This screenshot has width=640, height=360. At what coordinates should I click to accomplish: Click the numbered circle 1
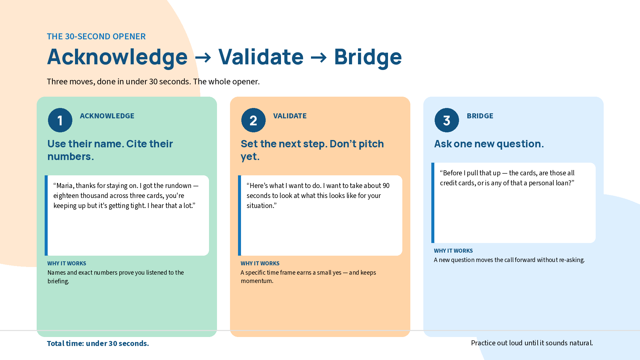click(60, 120)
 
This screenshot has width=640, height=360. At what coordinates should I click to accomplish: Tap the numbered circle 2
click(253, 120)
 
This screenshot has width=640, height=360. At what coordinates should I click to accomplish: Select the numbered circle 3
click(447, 120)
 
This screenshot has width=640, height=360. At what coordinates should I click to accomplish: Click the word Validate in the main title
click(261, 57)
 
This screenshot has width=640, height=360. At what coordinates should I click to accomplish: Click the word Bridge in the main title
click(368, 57)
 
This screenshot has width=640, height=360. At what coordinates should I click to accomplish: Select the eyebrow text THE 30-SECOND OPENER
click(96, 36)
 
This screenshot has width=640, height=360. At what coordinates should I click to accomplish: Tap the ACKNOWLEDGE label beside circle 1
click(107, 116)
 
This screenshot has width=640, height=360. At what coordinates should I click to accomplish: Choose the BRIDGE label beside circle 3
click(480, 116)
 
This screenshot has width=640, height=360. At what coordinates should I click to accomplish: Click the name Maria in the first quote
click(65, 186)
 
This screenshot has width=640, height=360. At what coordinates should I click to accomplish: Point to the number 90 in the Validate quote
click(386, 186)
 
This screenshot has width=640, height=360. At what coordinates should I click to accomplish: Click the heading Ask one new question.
click(489, 144)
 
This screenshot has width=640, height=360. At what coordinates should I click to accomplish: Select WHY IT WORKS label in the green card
click(67, 263)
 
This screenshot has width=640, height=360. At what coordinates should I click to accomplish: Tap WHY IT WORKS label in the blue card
click(453, 251)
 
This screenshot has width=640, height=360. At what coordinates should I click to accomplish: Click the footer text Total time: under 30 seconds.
click(98, 343)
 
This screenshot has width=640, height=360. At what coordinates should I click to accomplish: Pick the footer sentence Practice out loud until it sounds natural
click(532, 343)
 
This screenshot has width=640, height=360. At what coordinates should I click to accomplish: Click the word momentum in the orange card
click(257, 281)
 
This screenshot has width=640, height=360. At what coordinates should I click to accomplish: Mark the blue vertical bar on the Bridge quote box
click(433, 203)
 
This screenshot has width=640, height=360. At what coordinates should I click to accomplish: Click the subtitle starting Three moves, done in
click(153, 82)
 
